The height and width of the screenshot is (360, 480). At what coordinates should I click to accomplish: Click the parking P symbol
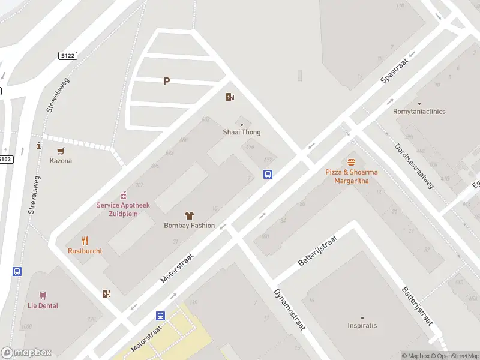coord(166,82)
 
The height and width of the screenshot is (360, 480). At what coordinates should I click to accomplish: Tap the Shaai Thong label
coord(242,132)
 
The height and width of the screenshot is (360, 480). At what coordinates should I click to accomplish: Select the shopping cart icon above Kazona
coord(61,151)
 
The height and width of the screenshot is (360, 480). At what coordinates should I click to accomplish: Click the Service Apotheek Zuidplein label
coord(123,209)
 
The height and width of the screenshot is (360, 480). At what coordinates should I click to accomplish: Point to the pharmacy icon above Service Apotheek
coord(123,194)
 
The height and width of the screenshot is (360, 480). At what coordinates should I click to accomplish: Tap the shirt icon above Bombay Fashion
coord(189,215)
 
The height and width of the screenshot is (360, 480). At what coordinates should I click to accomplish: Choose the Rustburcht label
coord(85,251)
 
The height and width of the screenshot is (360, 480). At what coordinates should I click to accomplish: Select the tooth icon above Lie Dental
coord(43,295)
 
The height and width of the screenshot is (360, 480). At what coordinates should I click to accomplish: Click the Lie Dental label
coord(43,306)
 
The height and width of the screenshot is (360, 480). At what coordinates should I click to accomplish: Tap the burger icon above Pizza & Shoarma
coord(352,162)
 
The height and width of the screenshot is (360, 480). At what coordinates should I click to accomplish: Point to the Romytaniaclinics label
coord(419,112)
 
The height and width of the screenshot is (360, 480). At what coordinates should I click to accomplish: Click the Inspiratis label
coord(362,326)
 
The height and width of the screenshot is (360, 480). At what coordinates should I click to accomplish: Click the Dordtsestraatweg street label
coord(414,166)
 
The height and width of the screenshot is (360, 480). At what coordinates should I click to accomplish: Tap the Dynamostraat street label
coord(290,310)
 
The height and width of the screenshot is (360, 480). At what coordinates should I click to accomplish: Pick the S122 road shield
coord(68,56)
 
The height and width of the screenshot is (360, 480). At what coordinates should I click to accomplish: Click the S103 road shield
coord(5,159)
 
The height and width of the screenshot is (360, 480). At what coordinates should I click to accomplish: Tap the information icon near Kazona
coord(38,145)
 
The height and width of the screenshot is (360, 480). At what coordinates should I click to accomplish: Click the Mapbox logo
coord(26,353)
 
